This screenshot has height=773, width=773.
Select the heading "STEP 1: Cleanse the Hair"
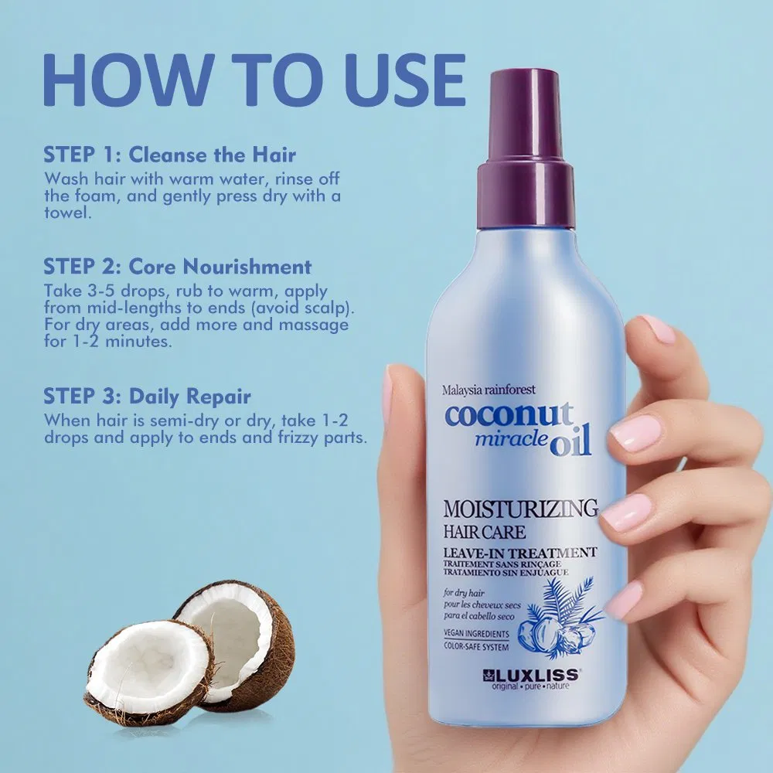click(170, 154)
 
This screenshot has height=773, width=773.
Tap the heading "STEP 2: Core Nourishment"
click(178, 267)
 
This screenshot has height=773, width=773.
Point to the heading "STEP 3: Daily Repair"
click(147, 397)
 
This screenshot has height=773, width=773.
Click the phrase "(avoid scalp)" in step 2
click(308, 308)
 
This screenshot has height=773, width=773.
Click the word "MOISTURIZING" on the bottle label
click(520, 509)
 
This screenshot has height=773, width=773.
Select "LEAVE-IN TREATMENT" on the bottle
click(519, 552)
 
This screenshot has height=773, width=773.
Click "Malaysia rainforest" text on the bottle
click(489, 390)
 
